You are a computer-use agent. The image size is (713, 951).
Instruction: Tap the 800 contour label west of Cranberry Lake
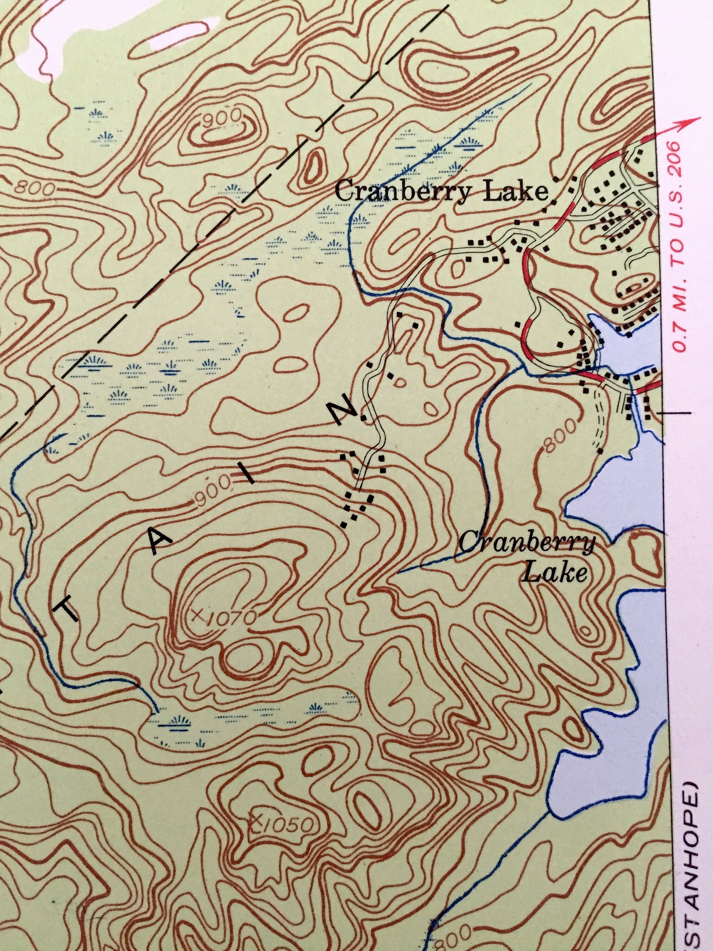(x=561, y=434)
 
